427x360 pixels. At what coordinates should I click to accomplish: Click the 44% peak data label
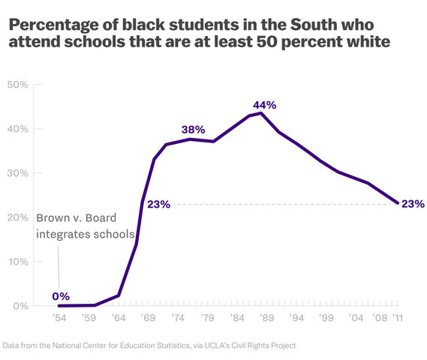[263, 105]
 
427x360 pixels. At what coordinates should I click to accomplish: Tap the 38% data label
[194, 130]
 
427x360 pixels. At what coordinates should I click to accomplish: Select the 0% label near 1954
[62, 295]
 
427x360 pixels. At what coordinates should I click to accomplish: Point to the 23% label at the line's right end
[413, 203]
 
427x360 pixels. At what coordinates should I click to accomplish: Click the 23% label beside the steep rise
[159, 204]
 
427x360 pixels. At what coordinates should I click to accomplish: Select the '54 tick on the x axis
[59, 318]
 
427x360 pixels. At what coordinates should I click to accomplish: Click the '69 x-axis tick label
[148, 318]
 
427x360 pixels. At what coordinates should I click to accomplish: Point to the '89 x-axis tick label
[266, 318]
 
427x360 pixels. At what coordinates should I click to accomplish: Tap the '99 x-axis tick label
[325, 318]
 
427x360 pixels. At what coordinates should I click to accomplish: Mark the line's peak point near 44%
[260, 112]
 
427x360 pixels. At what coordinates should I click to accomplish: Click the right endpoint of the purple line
[397, 202]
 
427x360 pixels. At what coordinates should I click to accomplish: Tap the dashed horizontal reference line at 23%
[285, 203]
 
